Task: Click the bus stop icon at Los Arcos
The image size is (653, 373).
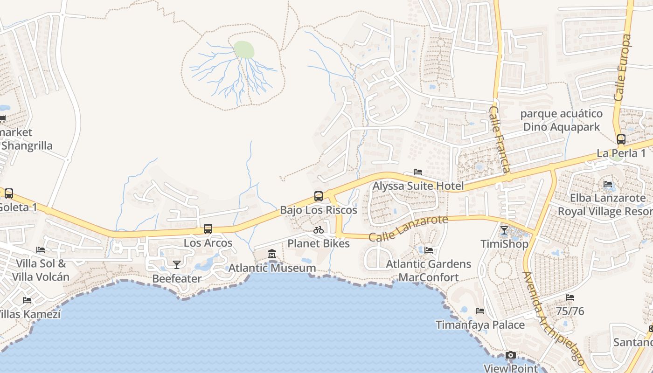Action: tap(208, 229)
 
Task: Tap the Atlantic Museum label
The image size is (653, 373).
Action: tap(272, 268)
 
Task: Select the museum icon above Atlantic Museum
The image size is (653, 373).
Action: tap(272, 254)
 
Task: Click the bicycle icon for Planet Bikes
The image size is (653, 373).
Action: tap(319, 230)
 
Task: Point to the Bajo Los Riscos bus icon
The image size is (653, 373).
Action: tap(319, 196)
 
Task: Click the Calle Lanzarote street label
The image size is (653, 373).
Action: tap(408, 228)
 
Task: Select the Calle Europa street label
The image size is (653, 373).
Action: tap(623, 68)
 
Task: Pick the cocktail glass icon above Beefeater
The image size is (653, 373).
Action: tap(177, 265)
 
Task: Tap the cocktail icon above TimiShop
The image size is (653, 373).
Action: tap(504, 230)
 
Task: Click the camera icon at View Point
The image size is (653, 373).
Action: tap(511, 355)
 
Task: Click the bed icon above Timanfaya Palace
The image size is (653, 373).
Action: tap(480, 311)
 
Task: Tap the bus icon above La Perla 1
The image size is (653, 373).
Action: tap(621, 139)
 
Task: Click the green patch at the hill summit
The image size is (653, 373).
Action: tap(244, 49)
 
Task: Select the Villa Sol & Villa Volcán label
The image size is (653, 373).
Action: tap(41, 270)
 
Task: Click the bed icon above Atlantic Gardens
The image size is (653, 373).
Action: tap(429, 250)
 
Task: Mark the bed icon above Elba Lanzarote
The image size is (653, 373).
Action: tap(608, 184)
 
